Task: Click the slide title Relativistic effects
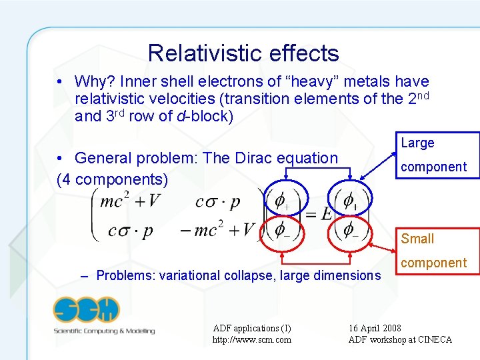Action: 243,53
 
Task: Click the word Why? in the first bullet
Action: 95,82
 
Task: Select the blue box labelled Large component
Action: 439,155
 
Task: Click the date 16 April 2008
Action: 375,328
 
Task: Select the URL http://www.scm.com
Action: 251,340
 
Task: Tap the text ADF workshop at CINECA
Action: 400,340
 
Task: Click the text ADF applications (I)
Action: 251,328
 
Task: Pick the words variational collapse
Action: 199,275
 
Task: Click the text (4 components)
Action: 113,180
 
